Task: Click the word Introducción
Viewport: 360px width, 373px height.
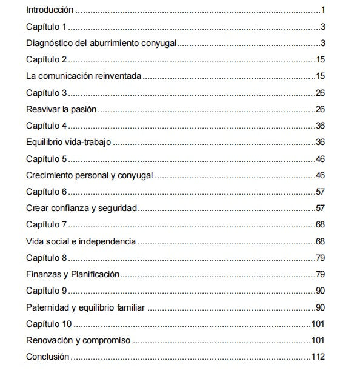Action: (x=50, y=10)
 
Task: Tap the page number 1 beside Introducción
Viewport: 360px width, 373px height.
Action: (x=324, y=10)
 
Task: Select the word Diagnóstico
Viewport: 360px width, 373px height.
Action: (x=50, y=43)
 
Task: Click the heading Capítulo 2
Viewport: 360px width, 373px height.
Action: (x=46, y=59)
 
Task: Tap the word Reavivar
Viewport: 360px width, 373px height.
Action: (x=44, y=109)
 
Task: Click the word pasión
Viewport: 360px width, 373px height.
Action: (x=84, y=109)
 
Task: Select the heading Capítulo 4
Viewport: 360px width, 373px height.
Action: (x=46, y=126)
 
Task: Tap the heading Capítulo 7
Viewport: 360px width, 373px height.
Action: (x=46, y=224)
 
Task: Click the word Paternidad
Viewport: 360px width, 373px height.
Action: (x=48, y=307)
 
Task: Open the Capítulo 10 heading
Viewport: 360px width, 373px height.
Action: (x=48, y=323)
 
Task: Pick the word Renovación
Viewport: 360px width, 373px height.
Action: (x=50, y=340)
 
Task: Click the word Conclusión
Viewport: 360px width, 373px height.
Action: (x=48, y=356)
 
